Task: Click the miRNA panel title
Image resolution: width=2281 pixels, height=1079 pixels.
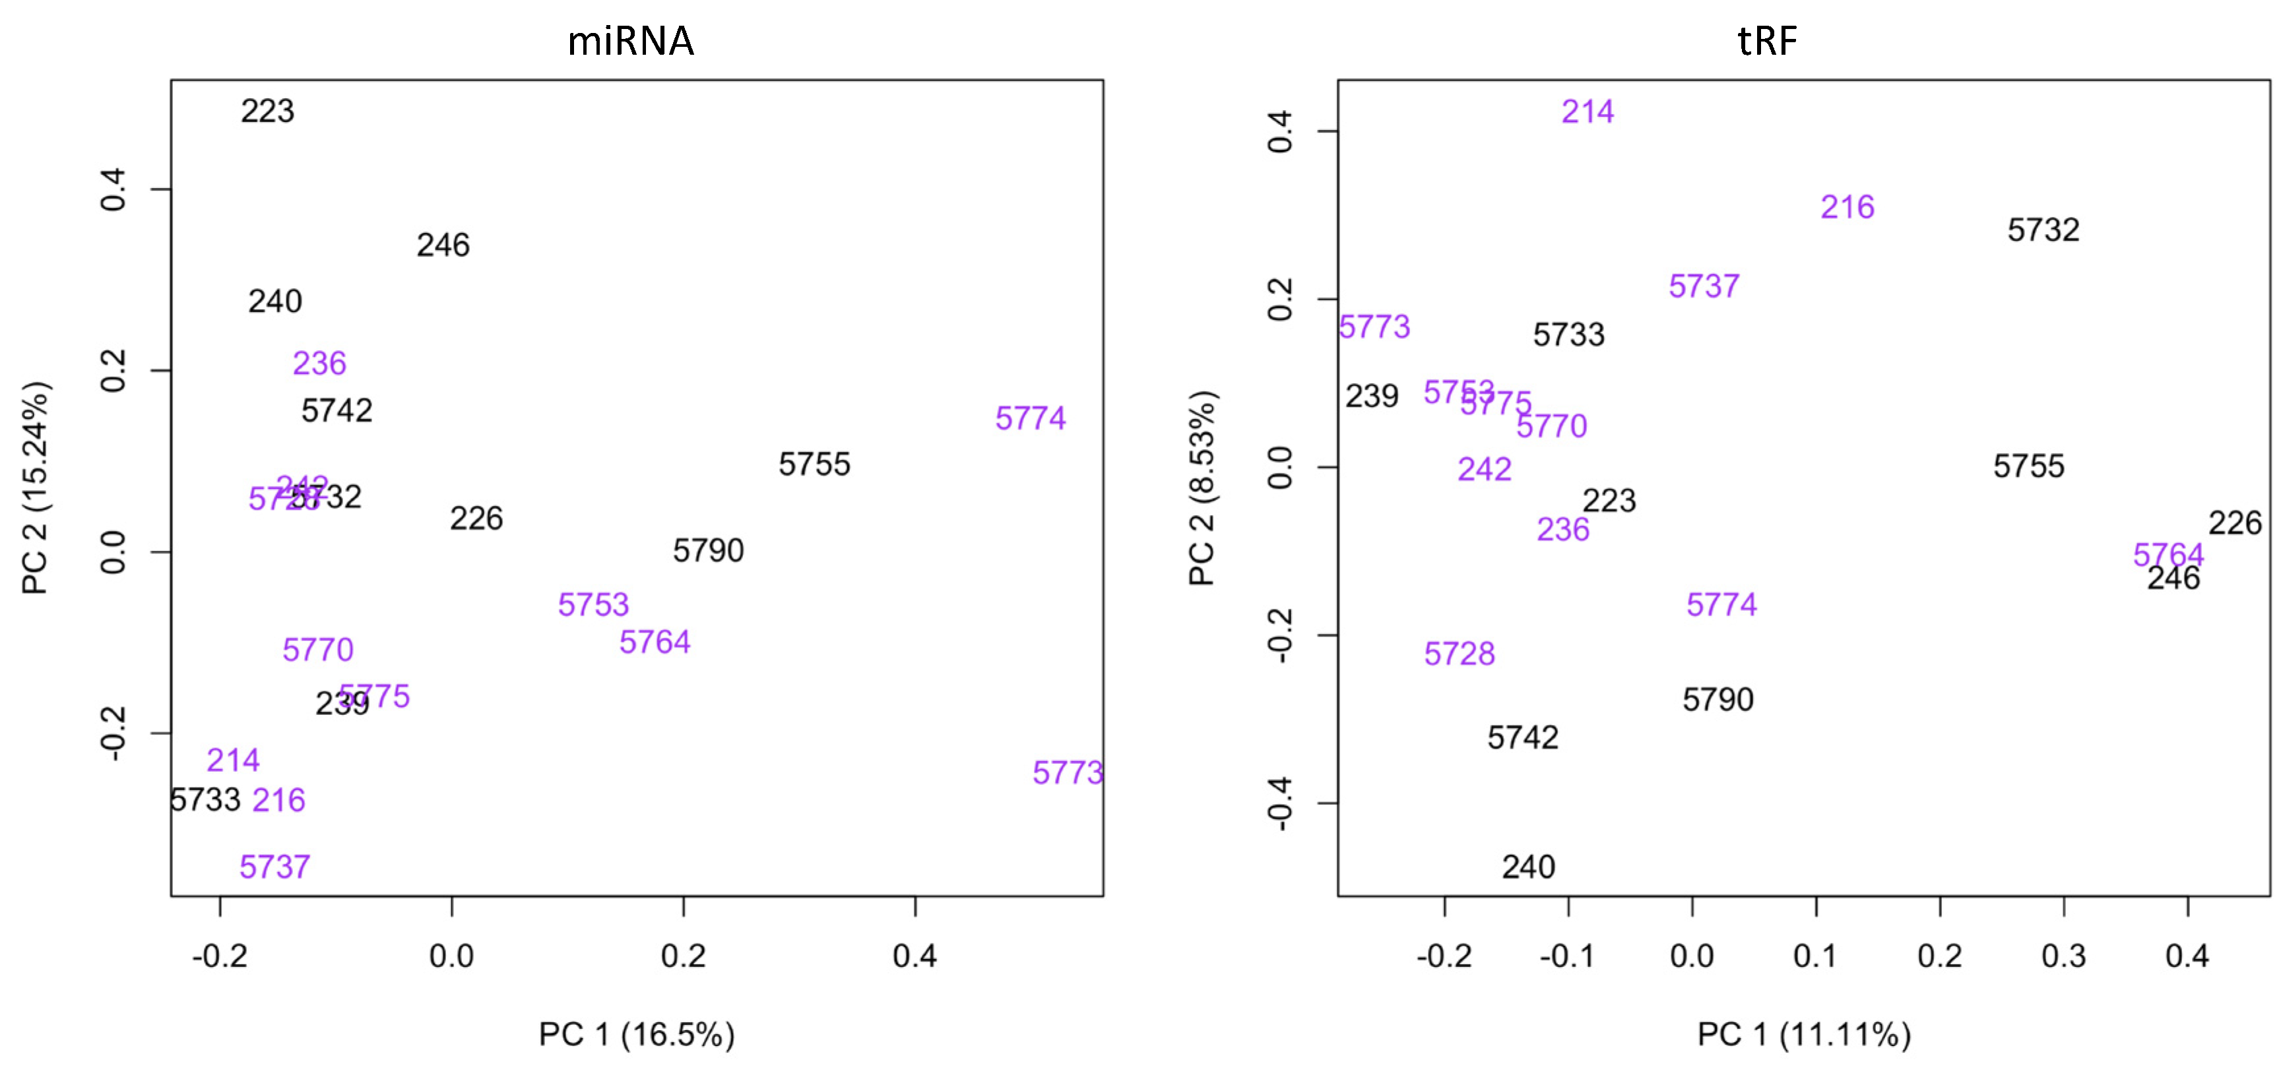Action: tap(631, 41)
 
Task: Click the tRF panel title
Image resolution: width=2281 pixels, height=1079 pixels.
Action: tap(1768, 41)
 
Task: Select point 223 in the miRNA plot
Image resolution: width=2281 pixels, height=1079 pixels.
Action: tap(267, 111)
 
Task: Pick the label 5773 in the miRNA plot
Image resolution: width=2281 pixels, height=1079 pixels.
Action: tap(1067, 773)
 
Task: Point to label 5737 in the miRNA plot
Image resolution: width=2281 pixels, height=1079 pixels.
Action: tap(274, 867)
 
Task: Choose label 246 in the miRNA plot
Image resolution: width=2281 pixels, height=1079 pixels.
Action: tap(443, 245)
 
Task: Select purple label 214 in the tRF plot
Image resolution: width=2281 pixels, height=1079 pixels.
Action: tap(1587, 112)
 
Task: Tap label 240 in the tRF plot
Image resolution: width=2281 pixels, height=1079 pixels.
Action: tap(1528, 867)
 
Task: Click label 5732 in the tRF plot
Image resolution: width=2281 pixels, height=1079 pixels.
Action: tap(2043, 230)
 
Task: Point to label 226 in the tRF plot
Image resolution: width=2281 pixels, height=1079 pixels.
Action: tap(2234, 523)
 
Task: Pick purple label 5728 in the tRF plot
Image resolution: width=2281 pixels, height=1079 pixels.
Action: tap(1460, 654)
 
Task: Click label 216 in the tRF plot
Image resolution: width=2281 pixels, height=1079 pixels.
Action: tap(1847, 207)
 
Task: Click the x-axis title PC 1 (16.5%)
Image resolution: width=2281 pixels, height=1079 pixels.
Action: tap(637, 1034)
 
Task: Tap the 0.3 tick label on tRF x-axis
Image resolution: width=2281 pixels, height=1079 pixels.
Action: tap(2063, 956)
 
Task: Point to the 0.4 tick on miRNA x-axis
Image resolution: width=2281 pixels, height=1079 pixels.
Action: tap(915, 956)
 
